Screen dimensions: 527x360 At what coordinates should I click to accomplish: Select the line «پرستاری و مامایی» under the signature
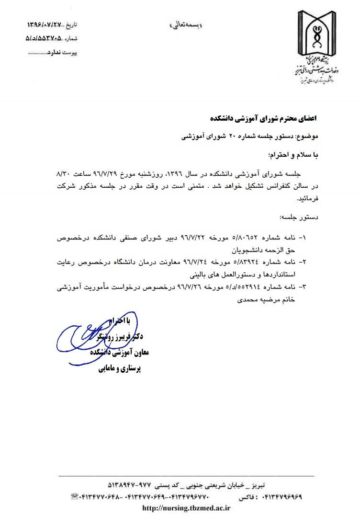click(x=124, y=369)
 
